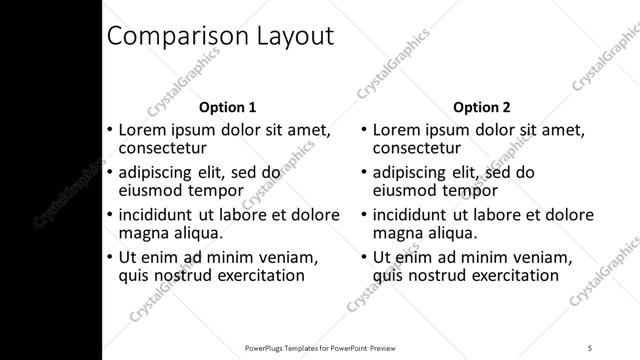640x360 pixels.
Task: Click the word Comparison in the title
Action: [x=168, y=37]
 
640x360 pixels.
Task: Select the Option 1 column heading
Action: [x=228, y=107]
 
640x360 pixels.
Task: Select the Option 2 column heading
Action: [x=482, y=107]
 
